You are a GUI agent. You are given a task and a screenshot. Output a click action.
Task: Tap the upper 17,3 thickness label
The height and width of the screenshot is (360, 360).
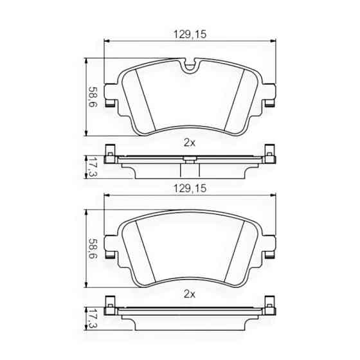pyautogui.click(x=94, y=166)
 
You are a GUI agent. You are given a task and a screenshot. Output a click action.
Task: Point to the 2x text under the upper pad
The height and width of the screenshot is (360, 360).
pyautogui.click(x=189, y=142)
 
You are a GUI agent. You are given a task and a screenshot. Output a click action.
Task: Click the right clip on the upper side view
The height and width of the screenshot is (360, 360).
pyautogui.click(x=269, y=157)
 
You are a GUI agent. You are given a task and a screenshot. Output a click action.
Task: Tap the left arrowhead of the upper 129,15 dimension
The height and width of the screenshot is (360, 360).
pyautogui.click(x=107, y=41)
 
